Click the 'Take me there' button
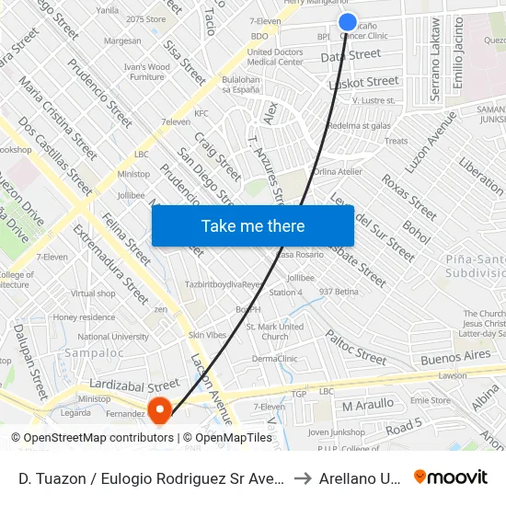pyautogui.click(x=252, y=225)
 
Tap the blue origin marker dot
pyautogui.click(x=347, y=22)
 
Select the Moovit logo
pyautogui.click(x=451, y=477)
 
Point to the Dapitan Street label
pyautogui.click(x=351, y=55)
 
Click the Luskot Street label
pyautogui.click(x=363, y=83)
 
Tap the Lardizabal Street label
pyautogui.click(x=133, y=384)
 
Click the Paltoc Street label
pyautogui.click(x=356, y=350)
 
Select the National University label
pyautogui.click(x=112, y=337)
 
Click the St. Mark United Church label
pyautogui.click(x=275, y=331)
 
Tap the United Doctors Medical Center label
pyautogui.click(x=275, y=57)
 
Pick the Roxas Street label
pyautogui.click(x=409, y=192)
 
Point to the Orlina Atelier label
pyautogui.click(x=338, y=171)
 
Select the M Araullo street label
pyautogui.click(x=367, y=405)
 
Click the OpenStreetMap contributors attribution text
pyautogui.click(x=92, y=438)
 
